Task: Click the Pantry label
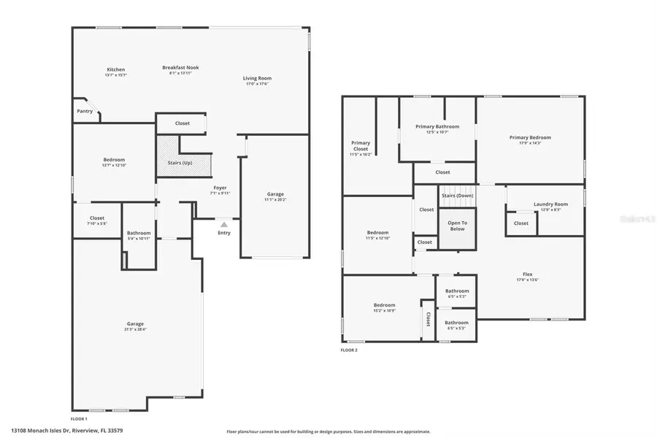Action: click(x=85, y=111)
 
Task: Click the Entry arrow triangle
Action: click(x=224, y=225)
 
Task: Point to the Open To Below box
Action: click(x=457, y=226)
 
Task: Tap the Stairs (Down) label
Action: click(x=457, y=196)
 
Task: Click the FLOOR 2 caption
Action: click(x=349, y=350)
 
